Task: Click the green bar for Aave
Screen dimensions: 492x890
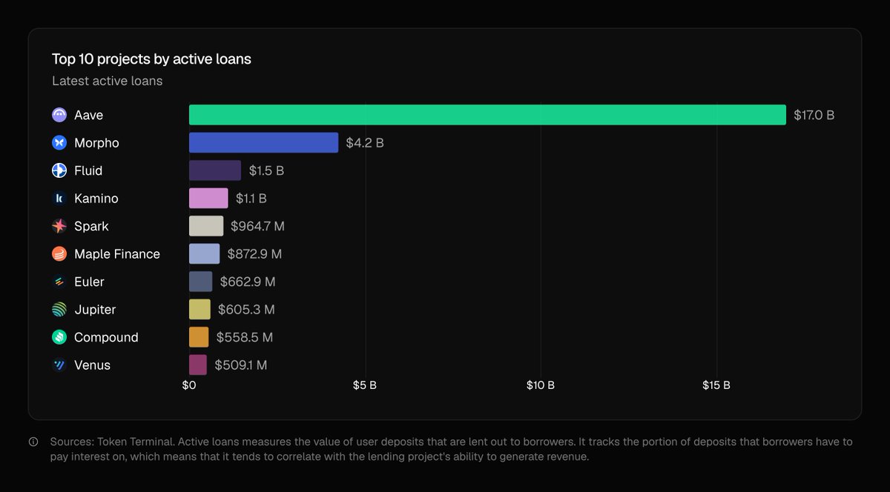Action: (487, 115)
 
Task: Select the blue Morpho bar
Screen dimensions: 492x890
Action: (263, 143)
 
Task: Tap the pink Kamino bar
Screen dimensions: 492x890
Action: (208, 199)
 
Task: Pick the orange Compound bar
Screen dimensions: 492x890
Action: (199, 337)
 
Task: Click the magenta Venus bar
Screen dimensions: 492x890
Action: (198, 365)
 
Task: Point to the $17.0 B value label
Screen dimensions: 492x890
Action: (814, 116)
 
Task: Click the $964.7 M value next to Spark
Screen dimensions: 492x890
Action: (257, 226)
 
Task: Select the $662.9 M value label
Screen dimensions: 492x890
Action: (248, 282)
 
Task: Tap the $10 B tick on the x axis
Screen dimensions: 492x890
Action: (540, 385)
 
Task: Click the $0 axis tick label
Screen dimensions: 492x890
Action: (189, 385)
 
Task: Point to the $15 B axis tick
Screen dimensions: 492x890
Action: (716, 385)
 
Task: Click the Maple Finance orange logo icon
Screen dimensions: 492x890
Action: (59, 254)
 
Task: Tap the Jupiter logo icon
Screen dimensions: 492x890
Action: (59, 310)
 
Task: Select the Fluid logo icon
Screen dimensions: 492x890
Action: (59, 170)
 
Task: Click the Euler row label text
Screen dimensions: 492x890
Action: (89, 282)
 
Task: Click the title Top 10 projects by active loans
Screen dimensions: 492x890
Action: (151, 59)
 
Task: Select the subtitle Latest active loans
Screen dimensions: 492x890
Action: (107, 81)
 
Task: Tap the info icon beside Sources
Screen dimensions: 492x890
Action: (33, 442)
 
